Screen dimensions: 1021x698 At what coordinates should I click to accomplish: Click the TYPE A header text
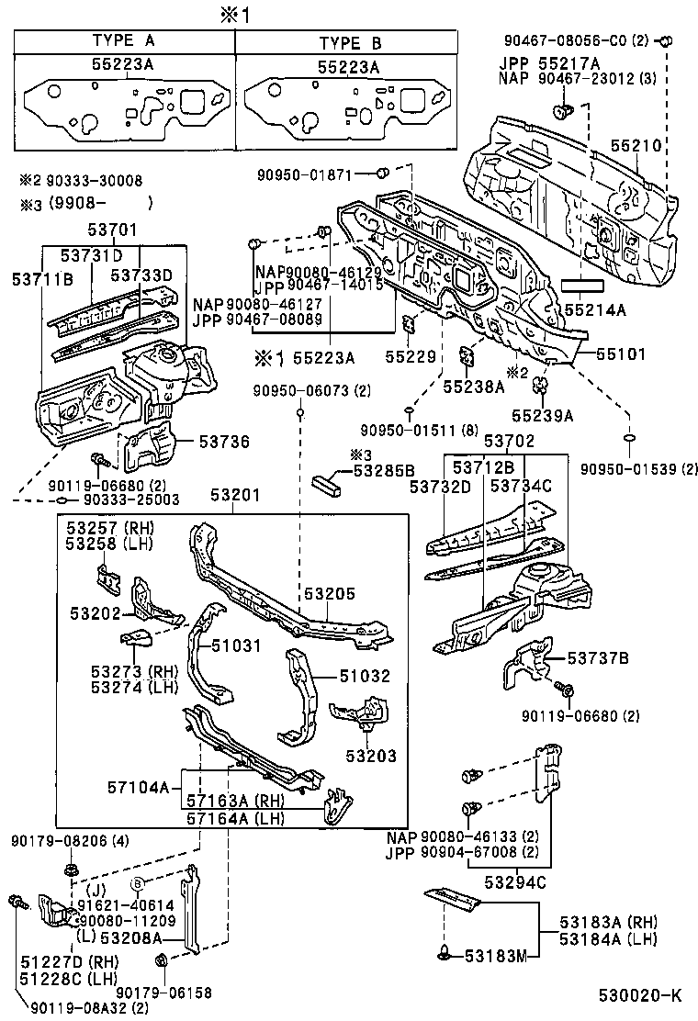point(125,42)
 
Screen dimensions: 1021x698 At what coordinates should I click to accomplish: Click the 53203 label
point(371,756)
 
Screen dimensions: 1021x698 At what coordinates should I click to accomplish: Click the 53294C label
point(514,882)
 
